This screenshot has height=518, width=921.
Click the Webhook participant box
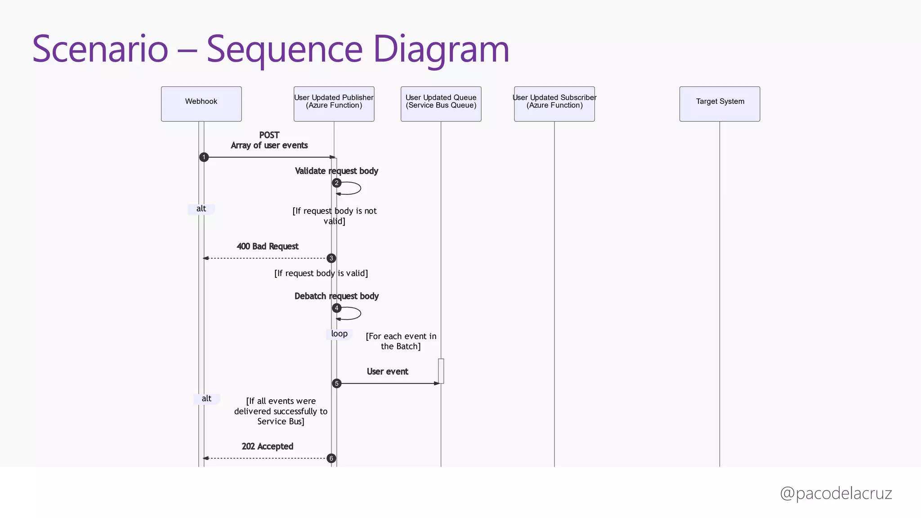pyautogui.click(x=201, y=104)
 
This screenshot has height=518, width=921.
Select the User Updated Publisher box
pyautogui.click(x=334, y=104)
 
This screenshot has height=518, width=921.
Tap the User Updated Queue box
pyautogui.click(x=441, y=104)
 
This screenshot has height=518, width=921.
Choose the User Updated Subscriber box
pyautogui.click(x=554, y=104)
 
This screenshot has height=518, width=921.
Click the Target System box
pyautogui.click(x=720, y=104)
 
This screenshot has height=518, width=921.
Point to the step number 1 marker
pyautogui.click(x=204, y=157)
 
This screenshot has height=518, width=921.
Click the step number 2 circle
pyautogui.click(x=336, y=183)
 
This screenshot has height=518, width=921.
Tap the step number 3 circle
pyautogui.click(x=331, y=258)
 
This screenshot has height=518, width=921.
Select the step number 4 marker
pyautogui.click(x=336, y=308)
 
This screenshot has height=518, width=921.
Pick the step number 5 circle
pyautogui.click(x=336, y=384)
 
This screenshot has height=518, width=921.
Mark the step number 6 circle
pyautogui.click(x=331, y=458)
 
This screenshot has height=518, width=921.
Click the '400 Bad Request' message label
pyautogui.click(x=268, y=246)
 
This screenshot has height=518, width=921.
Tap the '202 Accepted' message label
pyautogui.click(x=268, y=447)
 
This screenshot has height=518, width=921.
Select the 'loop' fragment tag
pyautogui.click(x=339, y=334)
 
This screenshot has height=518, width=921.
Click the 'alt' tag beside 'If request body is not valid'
pyautogui.click(x=201, y=209)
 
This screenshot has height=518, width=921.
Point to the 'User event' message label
pyautogui.click(x=387, y=371)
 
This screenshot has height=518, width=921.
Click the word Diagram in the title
pyautogui.click(x=441, y=49)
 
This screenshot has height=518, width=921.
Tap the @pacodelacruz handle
pyautogui.click(x=836, y=493)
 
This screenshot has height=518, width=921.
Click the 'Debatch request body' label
pyautogui.click(x=336, y=296)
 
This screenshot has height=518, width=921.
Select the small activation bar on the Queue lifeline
pyautogui.click(x=441, y=371)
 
